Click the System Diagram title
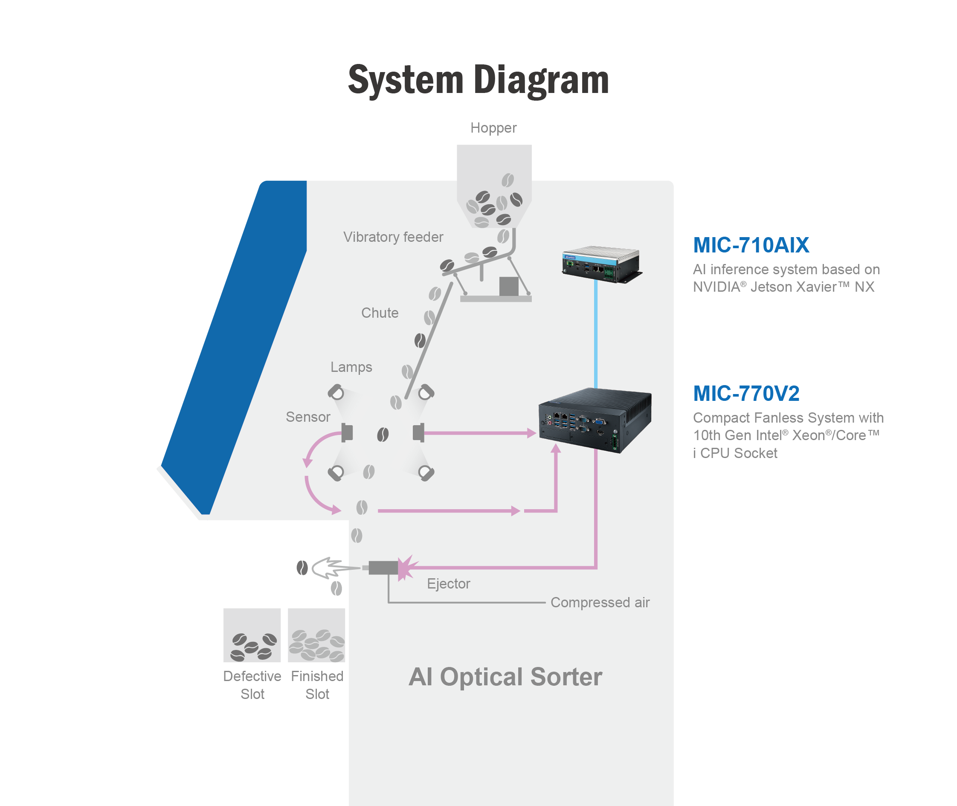click(478, 81)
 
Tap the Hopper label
click(493, 128)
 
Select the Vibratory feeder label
click(393, 237)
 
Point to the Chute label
click(380, 313)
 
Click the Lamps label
click(351, 367)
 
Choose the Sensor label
click(307, 417)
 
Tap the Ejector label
click(448, 584)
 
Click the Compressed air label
click(600, 603)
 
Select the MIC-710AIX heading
click(751, 245)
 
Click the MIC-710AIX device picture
click(601, 265)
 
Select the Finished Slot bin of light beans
click(316, 635)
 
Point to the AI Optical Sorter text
click(505, 677)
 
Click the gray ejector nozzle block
click(383, 568)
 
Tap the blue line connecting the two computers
click(595, 333)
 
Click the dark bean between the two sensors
click(383, 435)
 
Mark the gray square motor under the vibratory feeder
click(508, 287)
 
